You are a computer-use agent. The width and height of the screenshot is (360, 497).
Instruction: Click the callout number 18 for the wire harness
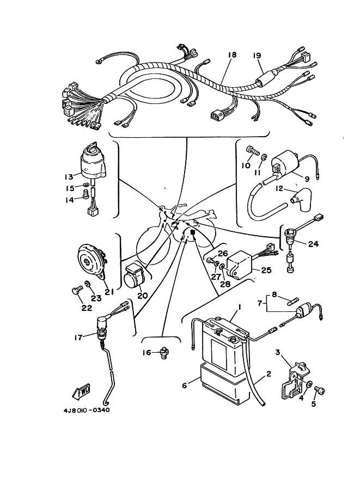[232, 55]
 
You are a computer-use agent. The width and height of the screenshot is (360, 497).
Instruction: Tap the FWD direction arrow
[81, 391]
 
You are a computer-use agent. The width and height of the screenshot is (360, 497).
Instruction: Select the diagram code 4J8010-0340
[87, 410]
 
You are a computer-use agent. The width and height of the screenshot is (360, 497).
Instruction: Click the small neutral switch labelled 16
[164, 353]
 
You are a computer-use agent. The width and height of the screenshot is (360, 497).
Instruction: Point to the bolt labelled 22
[77, 290]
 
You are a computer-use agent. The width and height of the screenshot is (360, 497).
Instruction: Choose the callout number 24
[313, 244]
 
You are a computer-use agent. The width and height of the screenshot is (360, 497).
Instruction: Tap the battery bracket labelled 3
[296, 381]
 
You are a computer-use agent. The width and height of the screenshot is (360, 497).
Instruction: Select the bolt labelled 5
[319, 390]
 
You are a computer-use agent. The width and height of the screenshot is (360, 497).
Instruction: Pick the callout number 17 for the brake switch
[78, 338]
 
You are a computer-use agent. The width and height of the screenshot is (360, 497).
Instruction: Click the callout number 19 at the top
[257, 56]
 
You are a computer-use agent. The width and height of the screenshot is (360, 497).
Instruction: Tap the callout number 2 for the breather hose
[269, 374]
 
